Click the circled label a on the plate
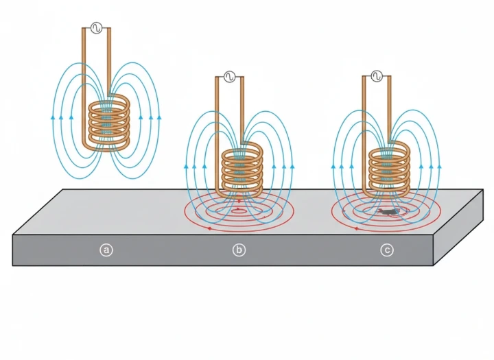point(106,250)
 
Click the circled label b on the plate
point(239,250)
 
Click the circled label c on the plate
point(387,250)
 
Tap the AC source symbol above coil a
point(96,28)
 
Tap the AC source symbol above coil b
point(228,76)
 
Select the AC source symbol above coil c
point(377,76)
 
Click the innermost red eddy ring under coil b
point(239,211)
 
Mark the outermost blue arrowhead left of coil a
point(54,118)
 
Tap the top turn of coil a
point(110,101)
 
